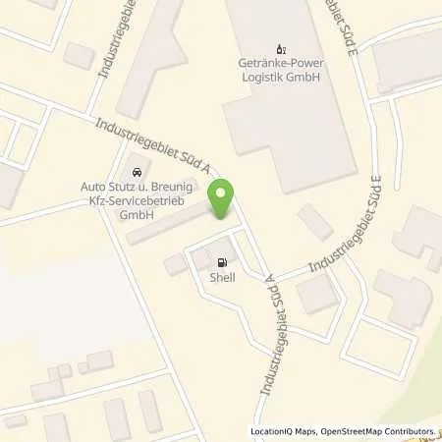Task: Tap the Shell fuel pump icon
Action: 223,262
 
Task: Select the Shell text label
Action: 223,278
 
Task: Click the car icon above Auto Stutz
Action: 137,162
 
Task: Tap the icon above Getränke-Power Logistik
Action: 280,46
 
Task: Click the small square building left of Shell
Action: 175,264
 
